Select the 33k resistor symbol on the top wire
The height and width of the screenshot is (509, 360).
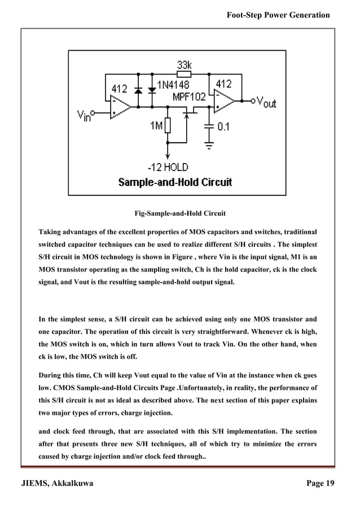click(x=185, y=73)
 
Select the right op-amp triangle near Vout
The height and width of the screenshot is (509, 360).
click(x=225, y=101)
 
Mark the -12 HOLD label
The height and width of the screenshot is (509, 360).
click(x=167, y=167)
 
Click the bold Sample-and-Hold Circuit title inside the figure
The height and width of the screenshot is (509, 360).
click(x=174, y=182)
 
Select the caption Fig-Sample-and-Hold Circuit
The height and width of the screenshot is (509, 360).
click(x=179, y=214)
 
